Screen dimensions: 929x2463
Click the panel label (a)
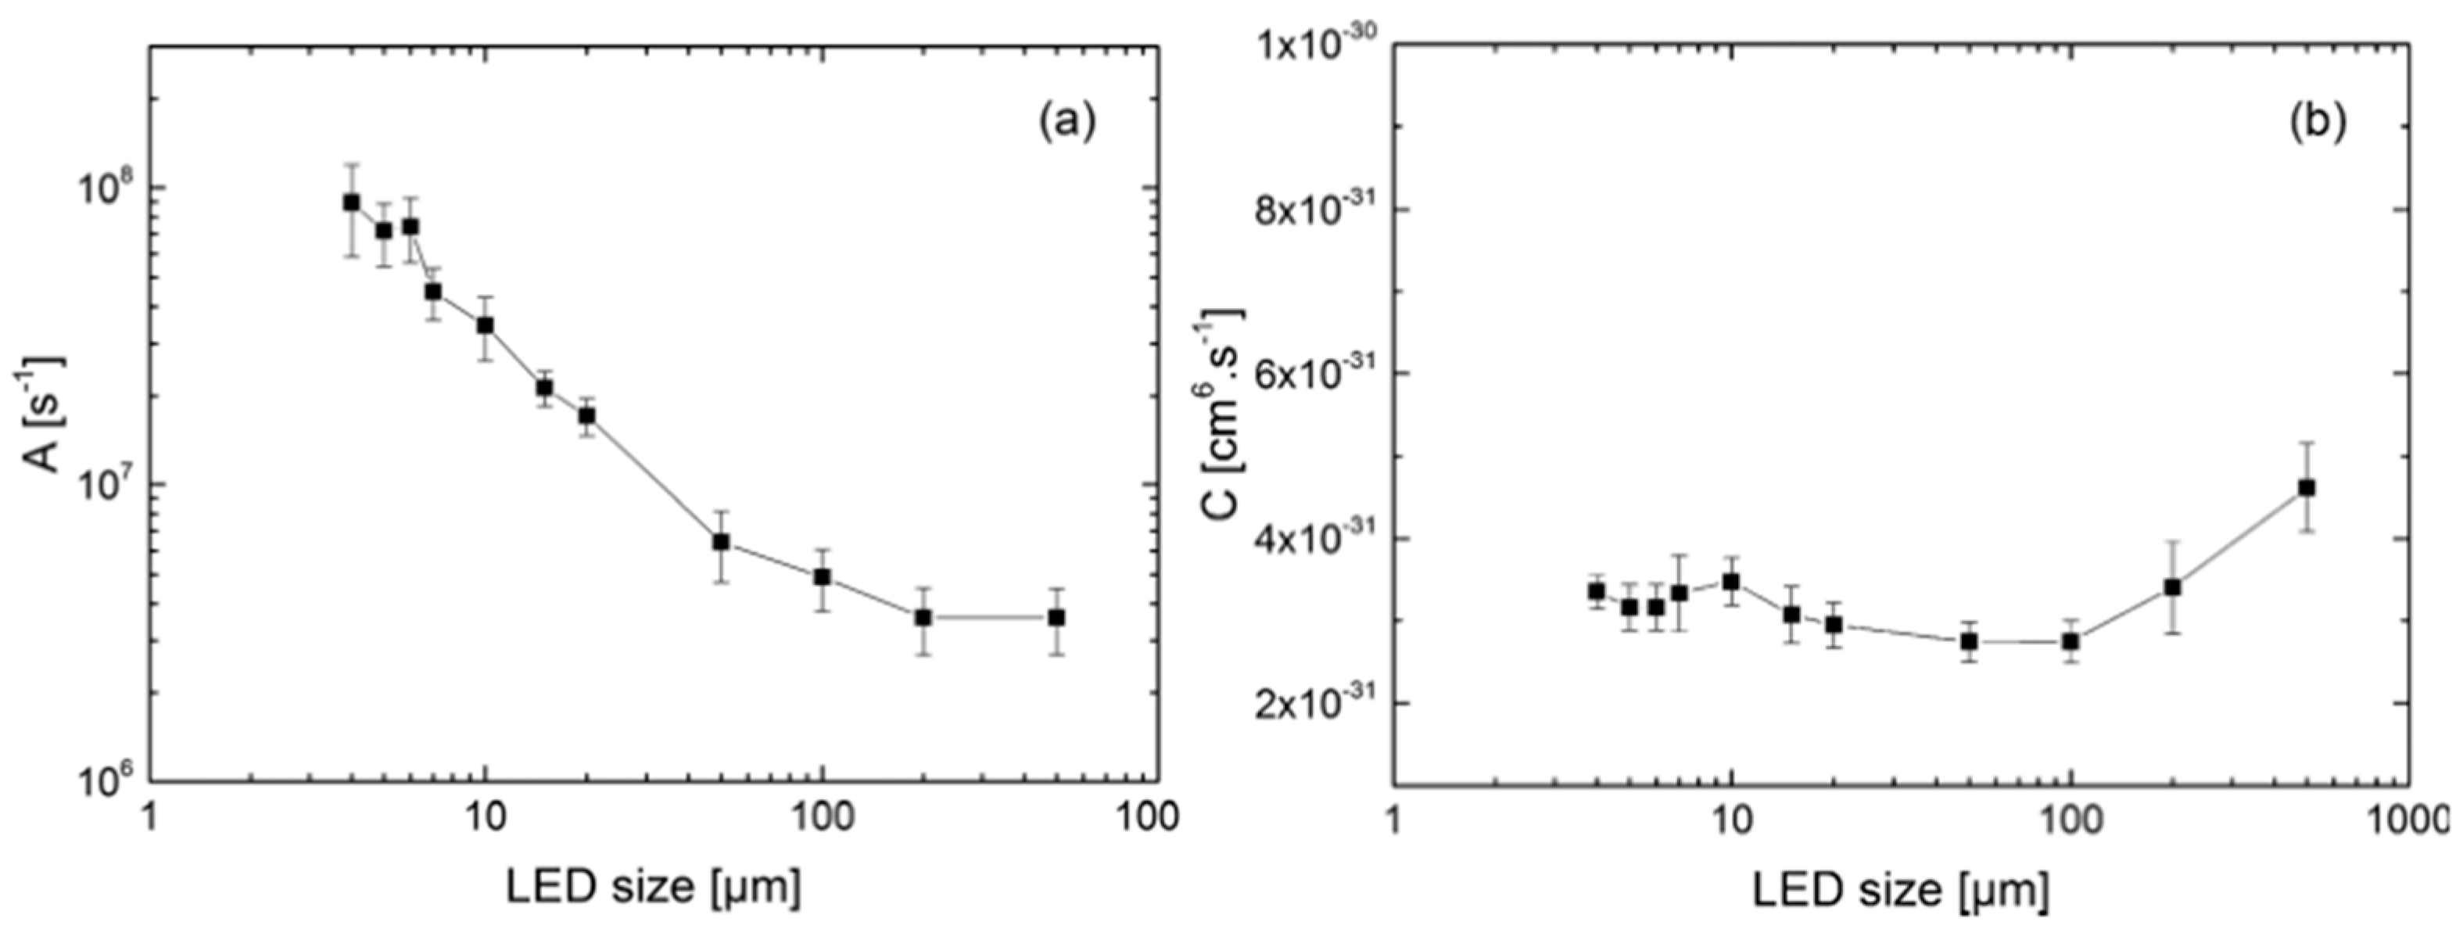coord(1067,122)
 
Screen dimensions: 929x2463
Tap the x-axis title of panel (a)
coord(653,887)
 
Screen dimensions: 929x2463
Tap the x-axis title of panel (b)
coord(1901,890)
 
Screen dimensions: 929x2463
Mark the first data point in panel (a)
coord(352,202)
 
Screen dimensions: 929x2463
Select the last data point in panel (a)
coord(1056,618)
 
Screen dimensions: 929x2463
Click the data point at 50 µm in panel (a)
coord(721,542)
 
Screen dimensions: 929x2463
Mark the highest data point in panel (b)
coord(2305,487)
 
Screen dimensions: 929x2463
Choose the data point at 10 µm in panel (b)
coord(1730,581)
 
